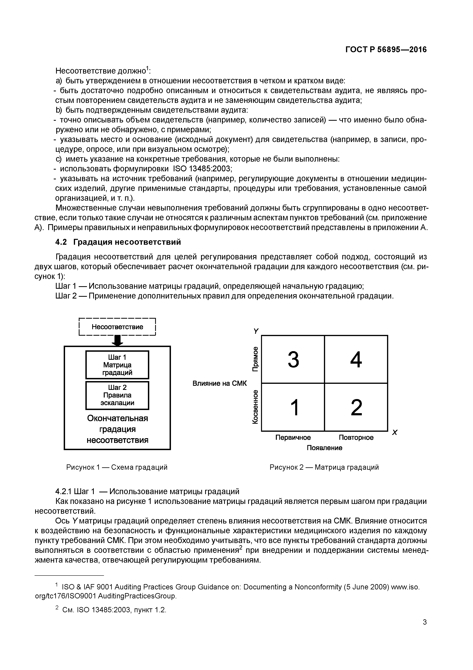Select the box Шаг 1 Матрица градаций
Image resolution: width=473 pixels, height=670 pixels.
[x=117, y=365]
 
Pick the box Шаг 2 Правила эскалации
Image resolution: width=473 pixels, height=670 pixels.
[x=117, y=395]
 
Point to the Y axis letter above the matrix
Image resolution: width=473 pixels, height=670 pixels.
[x=256, y=331]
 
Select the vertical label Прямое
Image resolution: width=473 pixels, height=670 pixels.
[x=256, y=359]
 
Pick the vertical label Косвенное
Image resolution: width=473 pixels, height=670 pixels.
[x=256, y=407]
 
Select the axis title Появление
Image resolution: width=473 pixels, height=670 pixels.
[x=324, y=448]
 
